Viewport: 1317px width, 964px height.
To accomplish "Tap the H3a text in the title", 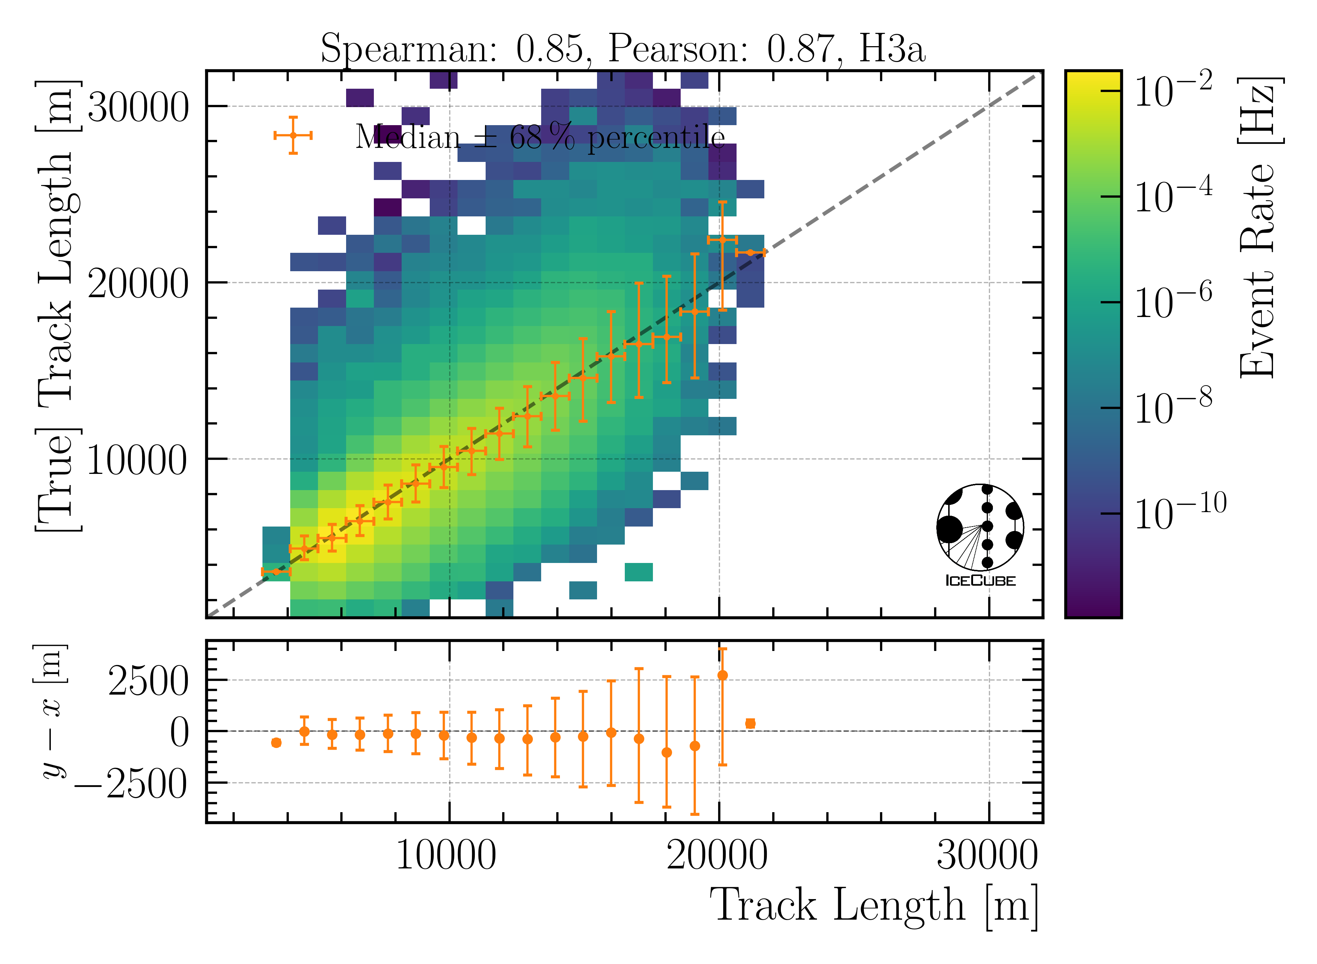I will pos(892,49).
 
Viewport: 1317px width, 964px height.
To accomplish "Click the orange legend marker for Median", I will pos(293,135).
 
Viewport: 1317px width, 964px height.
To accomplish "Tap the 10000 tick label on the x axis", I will pos(446,857).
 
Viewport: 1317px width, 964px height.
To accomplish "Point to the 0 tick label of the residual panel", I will pos(180,733).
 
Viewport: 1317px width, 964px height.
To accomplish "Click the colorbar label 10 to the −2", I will pos(1172,91).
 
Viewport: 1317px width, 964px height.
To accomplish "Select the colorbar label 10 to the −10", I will pos(1179,512).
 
